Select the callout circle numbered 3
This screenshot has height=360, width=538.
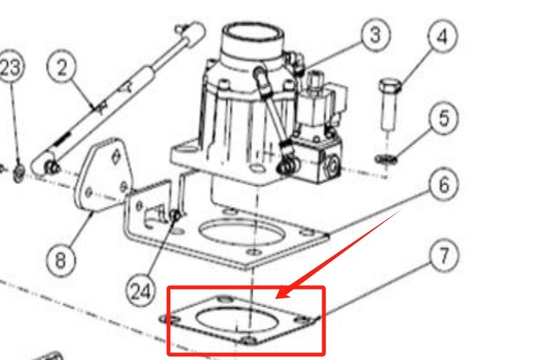[374, 35]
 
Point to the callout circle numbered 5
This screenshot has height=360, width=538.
[444, 119]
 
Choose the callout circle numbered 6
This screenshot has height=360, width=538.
[443, 185]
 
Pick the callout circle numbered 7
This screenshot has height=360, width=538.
[444, 256]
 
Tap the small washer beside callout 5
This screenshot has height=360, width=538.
[386, 159]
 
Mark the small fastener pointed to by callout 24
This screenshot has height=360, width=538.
[177, 214]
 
